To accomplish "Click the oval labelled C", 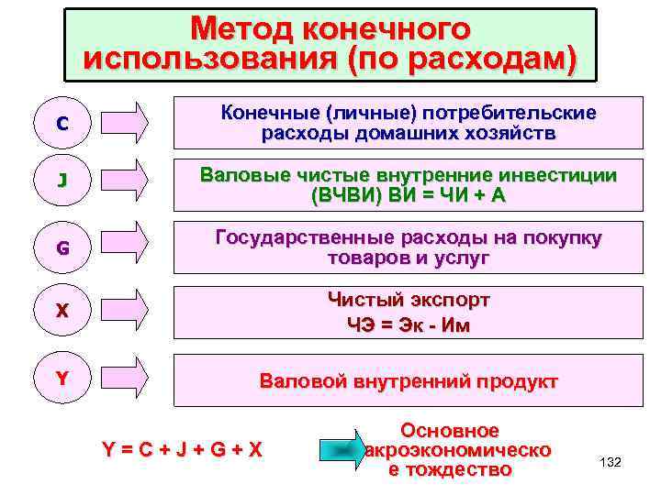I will pos(61,125).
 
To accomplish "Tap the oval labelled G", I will pos(62,247).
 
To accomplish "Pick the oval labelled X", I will pos(62,311).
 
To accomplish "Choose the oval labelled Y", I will pos(62,377).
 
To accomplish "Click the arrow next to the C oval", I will pos(124,124).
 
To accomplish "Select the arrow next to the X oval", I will pos(124,311).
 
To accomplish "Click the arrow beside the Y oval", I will pos(124,377).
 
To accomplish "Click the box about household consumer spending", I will pos(408,124).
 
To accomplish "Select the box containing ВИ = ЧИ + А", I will pos(408,185).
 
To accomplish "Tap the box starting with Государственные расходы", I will pos(408,248).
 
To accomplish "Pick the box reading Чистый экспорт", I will pos(408,313).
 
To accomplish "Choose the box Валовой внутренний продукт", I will pos(408,380).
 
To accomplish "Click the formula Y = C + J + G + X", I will pos(182,450).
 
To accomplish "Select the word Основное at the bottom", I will pos(450,431).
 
